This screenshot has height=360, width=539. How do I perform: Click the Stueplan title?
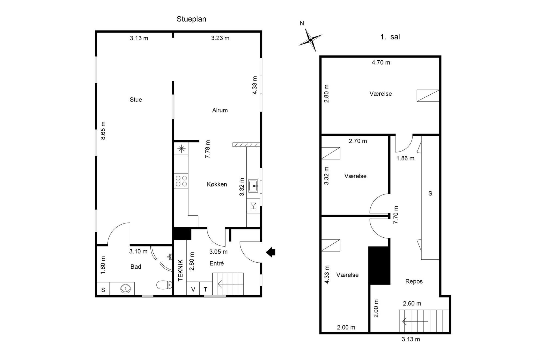(x=191, y=19)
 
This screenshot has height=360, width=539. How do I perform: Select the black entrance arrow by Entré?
(x=271, y=252)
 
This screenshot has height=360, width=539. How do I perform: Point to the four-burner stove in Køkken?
(x=181, y=181)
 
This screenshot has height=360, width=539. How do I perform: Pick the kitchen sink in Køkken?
(x=253, y=186)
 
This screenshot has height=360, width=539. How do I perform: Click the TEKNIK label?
(x=180, y=270)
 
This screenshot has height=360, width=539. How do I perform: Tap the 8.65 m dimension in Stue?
(x=103, y=131)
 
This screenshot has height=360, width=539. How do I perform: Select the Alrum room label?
(x=220, y=110)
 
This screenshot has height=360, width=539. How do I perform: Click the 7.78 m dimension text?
(x=208, y=149)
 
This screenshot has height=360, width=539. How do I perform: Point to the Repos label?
(x=414, y=281)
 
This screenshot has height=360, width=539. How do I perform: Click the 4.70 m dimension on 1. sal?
(x=381, y=63)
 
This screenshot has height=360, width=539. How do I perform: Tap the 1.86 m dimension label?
(x=405, y=158)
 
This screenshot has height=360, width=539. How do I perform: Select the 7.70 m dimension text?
(x=396, y=215)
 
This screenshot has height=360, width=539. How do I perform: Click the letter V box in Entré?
(x=193, y=289)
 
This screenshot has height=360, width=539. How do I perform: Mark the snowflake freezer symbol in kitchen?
(x=181, y=149)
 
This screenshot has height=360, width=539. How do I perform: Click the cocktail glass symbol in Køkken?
(x=253, y=206)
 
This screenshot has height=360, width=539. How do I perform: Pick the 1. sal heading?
(x=390, y=37)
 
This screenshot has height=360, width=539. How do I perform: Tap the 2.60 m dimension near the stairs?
(x=412, y=303)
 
